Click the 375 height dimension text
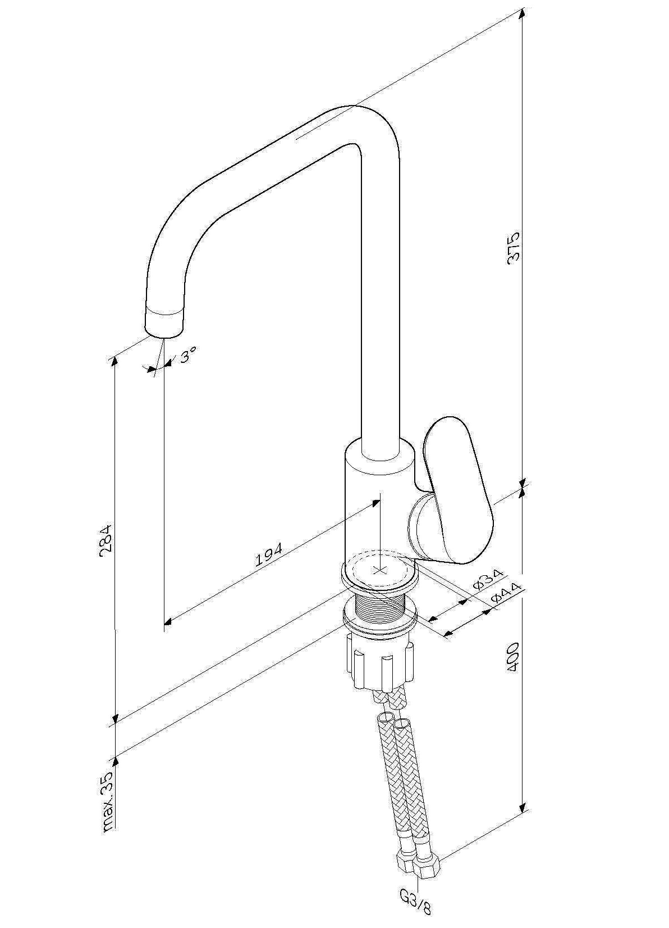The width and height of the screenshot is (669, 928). click(513, 247)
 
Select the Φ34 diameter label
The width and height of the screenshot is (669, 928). click(488, 581)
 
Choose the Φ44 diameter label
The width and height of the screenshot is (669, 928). click(506, 596)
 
